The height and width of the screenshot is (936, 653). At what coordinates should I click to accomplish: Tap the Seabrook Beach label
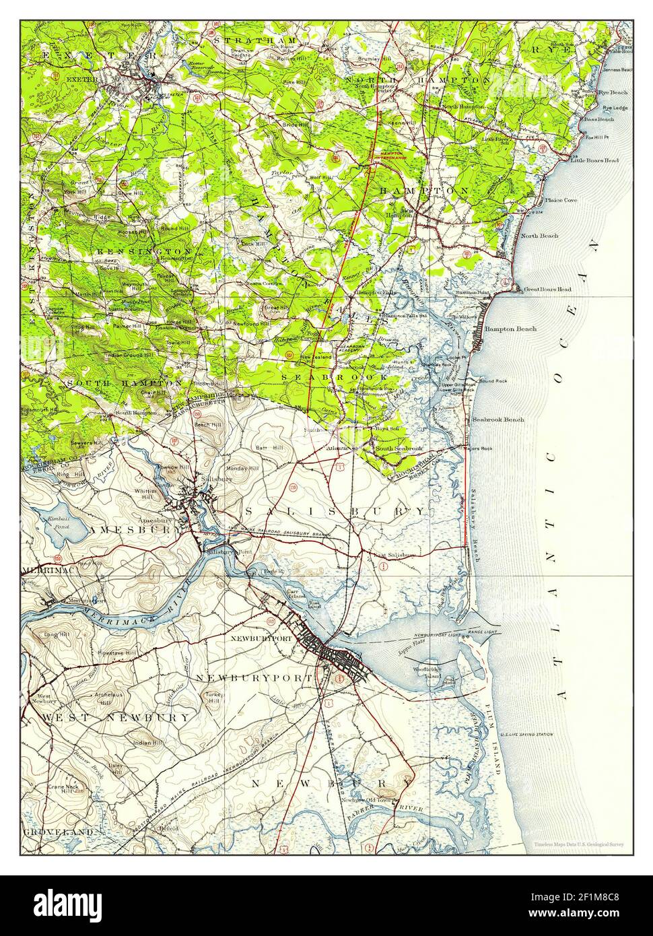coord(498,419)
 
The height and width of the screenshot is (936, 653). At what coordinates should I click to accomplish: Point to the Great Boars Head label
coord(546,289)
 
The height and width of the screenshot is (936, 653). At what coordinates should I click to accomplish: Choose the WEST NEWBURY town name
coord(115,718)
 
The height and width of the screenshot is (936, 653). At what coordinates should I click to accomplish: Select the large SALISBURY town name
coord(335,512)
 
